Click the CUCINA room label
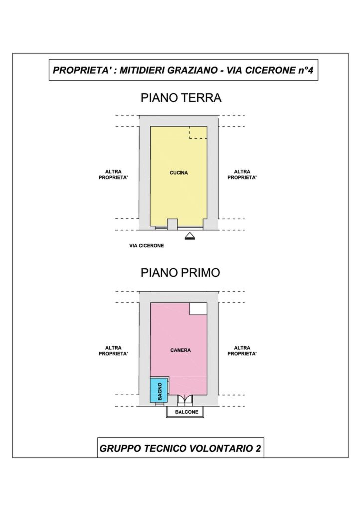pos(179,173)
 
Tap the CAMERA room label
pos(180,350)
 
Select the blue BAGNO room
pos(159,390)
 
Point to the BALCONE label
pos(186,412)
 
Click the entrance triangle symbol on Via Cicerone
pos(190,236)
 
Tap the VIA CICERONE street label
pos(146,246)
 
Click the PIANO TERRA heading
pos(180,98)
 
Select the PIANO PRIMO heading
pos(180,273)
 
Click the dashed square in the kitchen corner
pos(198,133)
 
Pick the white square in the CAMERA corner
pos(198,309)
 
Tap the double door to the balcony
pos(184,400)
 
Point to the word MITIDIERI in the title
pos(142,70)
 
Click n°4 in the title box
pos(306,70)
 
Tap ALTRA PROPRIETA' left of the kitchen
pos(113,174)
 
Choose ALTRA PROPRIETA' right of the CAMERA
pos(242,351)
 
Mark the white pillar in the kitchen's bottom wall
pos(172,224)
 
